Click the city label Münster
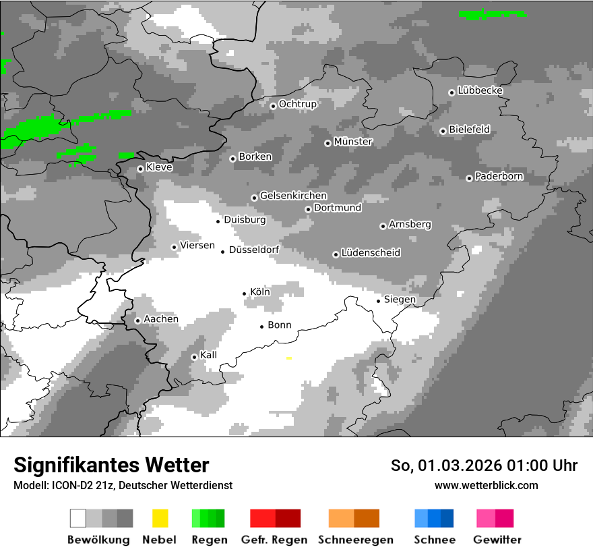pyautogui.click(x=353, y=142)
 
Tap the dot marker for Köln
pyautogui.click(x=245, y=293)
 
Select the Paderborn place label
pyautogui.click(x=499, y=177)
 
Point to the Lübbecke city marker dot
pyautogui.click(x=451, y=92)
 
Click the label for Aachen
pyautogui.click(x=161, y=319)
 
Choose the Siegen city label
pyautogui.click(x=400, y=300)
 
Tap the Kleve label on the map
pyautogui.click(x=159, y=167)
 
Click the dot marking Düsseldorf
pyautogui.click(x=223, y=252)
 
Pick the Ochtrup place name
pyautogui.click(x=297, y=104)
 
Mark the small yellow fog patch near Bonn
pyautogui.click(x=289, y=358)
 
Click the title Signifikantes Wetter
pyautogui.click(x=111, y=465)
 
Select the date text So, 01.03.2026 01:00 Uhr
pyautogui.click(x=484, y=466)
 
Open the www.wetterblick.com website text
pyautogui.click(x=486, y=485)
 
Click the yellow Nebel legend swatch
pyautogui.click(x=160, y=518)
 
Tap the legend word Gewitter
pyautogui.click(x=497, y=540)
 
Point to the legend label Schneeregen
pyautogui.click(x=356, y=540)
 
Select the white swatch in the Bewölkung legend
pyautogui.click(x=78, y=518)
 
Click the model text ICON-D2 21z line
pyautogui.click(x=123, y=485)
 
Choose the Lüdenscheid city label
pyautogui.click(x=371, y=253)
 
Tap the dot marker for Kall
pyautogui.click(x=194, y=357)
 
